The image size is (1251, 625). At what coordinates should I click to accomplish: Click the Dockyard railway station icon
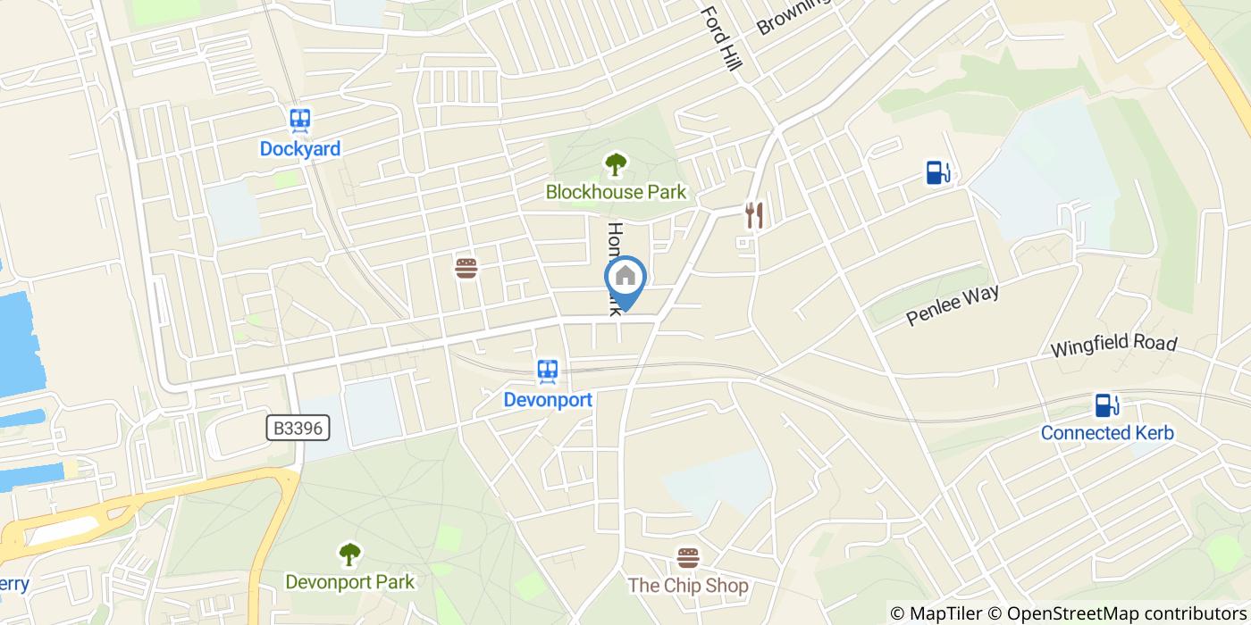pyautogui.click(x=300, y=121)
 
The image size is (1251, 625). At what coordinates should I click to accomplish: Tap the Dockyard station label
pyautogui.click(x=300, y=149)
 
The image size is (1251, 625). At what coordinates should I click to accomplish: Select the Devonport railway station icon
pyautogui.click(x=548, y=371)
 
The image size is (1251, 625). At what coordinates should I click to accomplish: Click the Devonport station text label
pyautogui.click(x=548, y=399)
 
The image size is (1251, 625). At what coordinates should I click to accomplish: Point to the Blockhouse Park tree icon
pyautogui.click(x=615, y=164)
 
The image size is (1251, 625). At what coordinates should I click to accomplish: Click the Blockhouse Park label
pyautogui.click(x=616, y=192)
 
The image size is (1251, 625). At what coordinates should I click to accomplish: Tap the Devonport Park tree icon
pyautogui.click(x=349, y=554)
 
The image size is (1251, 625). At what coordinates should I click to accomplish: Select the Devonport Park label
pyautogui.click(x=349, y=582)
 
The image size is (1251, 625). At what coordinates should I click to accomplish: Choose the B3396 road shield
pyautogui.click(x=298, y=429)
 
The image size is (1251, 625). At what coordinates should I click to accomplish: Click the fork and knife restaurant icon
pyautogui.click(x=754, y=214)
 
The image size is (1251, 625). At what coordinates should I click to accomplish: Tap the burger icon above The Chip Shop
pyautogui.click(x=687, y=559)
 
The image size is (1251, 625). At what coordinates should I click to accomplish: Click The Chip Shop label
pyautogui.click(x=687, y=587)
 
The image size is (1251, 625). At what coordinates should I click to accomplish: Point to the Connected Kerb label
pyautogui.click(x=1107, y=434)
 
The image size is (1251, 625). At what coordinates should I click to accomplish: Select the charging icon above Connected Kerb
pyautogui.click(x=1107, y=405)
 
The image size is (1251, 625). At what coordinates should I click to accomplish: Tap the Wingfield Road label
pyautogui.click(x=1113, y=345)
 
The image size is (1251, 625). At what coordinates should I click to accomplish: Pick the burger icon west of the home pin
pyautogui.click(x=466, y=268)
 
